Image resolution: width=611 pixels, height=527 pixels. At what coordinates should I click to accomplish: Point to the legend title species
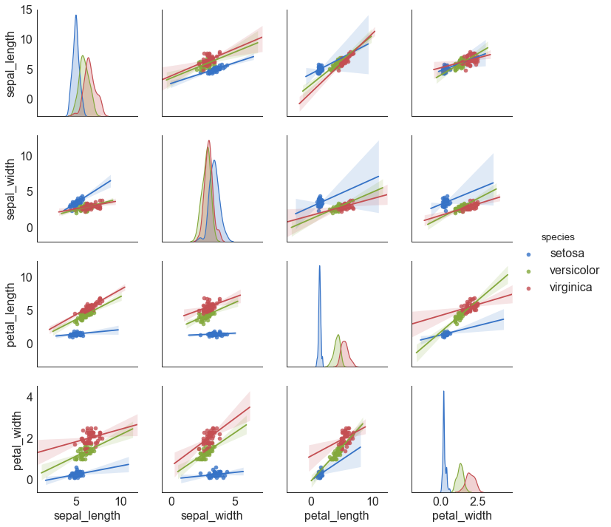559,237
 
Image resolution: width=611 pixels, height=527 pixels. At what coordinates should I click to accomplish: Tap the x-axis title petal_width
462,516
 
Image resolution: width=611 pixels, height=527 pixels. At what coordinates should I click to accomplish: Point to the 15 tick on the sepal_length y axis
26,10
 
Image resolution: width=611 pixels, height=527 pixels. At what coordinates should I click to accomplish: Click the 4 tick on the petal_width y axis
28,397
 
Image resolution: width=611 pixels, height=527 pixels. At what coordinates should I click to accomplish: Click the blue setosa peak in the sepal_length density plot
75,16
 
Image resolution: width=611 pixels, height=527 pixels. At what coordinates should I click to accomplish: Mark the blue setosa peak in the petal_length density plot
319,266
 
